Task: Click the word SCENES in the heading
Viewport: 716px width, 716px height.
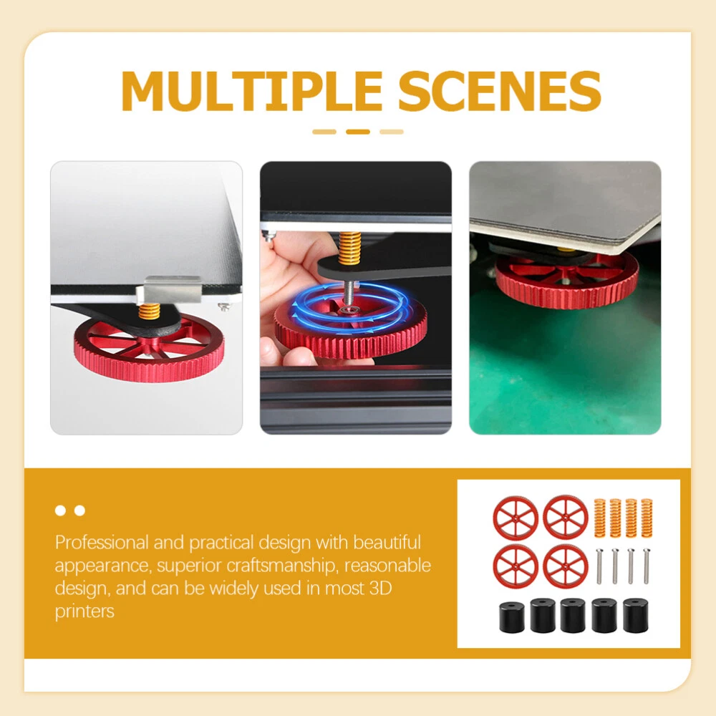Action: (x=500, y=91)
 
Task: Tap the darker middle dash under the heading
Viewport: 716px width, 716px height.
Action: (x=358, y=132)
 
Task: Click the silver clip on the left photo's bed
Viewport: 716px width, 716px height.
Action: (x=172, y=289)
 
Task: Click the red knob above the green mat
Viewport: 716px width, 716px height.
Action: (x=566, y=278)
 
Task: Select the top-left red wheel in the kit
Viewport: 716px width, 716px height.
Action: (x=516, y=518)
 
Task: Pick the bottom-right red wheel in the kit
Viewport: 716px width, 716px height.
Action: (x=566, y=566)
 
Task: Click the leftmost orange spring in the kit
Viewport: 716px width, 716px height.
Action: (x=599, y=518)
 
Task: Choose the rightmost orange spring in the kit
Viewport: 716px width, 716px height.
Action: (x=647, y=518)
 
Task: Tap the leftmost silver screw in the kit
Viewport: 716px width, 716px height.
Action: (x=599, y=566)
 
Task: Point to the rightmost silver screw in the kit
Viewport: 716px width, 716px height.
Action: (x=646, y=566)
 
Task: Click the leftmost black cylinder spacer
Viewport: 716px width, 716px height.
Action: (x=511, y=617)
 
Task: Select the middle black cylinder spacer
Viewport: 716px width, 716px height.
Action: (x=573, y=616)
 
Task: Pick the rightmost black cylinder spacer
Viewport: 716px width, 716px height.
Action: (x=635, y=616)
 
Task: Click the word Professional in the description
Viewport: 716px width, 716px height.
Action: (x=102, y=543)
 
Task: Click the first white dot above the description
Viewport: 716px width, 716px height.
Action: (x=60, y=511)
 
